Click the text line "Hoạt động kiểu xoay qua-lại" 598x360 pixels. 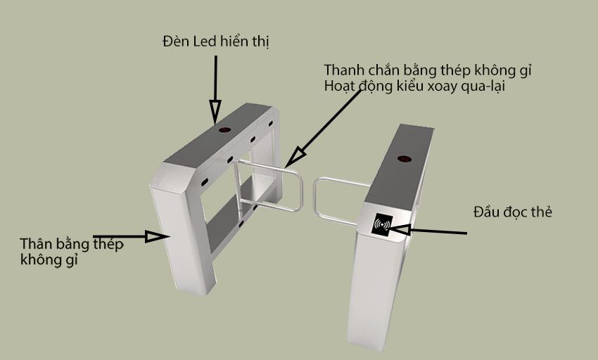pos(416,86)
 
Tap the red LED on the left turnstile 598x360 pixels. pos(225,131)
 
